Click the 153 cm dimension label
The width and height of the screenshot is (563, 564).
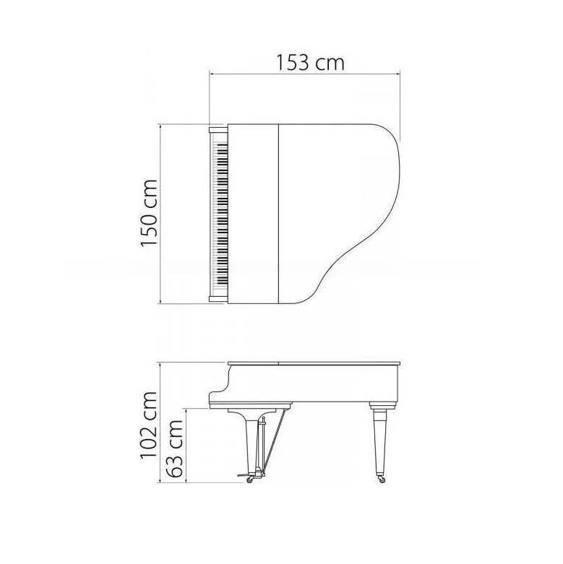point(310,63)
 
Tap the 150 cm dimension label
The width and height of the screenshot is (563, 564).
point(149,212)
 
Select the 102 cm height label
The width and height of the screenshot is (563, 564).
point(149,425)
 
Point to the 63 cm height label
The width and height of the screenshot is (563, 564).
point(176,449)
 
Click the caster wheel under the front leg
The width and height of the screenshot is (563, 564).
point(249,479)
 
